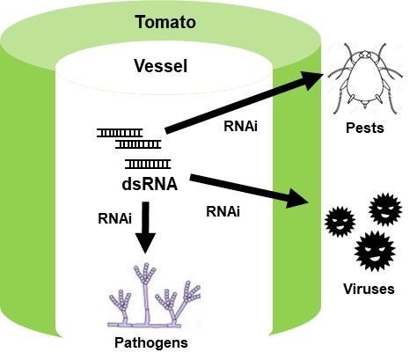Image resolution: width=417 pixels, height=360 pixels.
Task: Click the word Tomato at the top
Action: (x=165, y=22)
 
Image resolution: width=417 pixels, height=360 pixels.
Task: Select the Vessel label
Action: (x=161, y=66)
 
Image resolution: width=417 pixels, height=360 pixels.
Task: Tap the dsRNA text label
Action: (x=150, y=184)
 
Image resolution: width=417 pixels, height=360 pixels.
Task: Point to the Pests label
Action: (x=365, y=128)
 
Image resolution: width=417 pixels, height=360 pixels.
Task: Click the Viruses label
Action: (x=369, y=289)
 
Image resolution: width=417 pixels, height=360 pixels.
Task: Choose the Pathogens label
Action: (x=151, y=342)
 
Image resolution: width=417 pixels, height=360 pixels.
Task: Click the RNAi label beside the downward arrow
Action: (x=114, y=218)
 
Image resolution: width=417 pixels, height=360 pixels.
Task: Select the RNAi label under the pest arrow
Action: (x=240, y=127)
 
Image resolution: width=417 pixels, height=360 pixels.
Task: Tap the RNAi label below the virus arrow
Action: (x=223, y=211)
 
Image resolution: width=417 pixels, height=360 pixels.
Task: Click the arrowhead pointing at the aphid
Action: (x=312, y=79)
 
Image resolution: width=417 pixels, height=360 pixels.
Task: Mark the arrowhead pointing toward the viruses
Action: (x=297, y=199)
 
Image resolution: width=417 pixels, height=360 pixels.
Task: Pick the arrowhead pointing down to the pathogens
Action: (x=145, y=242)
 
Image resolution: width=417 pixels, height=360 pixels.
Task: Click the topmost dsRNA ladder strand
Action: (x=120, y=133)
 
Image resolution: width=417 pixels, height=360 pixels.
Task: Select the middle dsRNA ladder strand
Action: (x=138, y=144)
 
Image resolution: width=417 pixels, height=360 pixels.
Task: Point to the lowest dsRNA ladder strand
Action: (x=148, y=164)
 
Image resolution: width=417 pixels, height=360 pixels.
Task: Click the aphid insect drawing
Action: (x=365, y=77)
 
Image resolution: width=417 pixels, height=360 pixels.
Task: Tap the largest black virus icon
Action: (x=375, y=251)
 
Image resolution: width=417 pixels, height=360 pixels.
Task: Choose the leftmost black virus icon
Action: (x=340, y=222)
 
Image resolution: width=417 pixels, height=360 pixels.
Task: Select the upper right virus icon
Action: (x=385, y=209)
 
